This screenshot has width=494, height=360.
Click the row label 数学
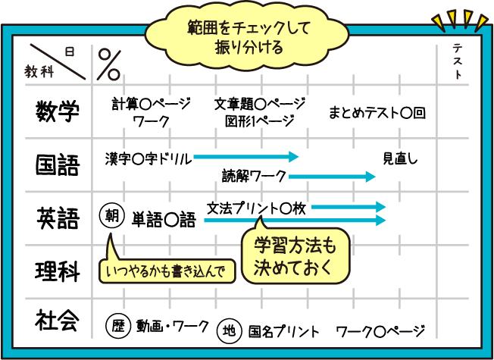[58, 113]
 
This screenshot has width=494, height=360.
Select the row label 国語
[58, 164]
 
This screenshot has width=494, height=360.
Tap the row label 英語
[58, 218]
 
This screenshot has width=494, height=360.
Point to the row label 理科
[58, 271]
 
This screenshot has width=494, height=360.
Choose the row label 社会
[58, 321]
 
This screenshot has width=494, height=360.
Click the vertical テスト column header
[458, 62]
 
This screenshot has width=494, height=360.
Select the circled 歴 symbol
[117, 327]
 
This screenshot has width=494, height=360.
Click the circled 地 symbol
[229, 330]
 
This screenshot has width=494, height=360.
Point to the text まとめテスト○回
[377, 113]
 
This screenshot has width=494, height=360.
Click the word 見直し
[399, 159]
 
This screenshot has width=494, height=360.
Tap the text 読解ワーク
[255, 177]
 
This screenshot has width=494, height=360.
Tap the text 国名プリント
[283, 331]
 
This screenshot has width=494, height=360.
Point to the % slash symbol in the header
[109, 64]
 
